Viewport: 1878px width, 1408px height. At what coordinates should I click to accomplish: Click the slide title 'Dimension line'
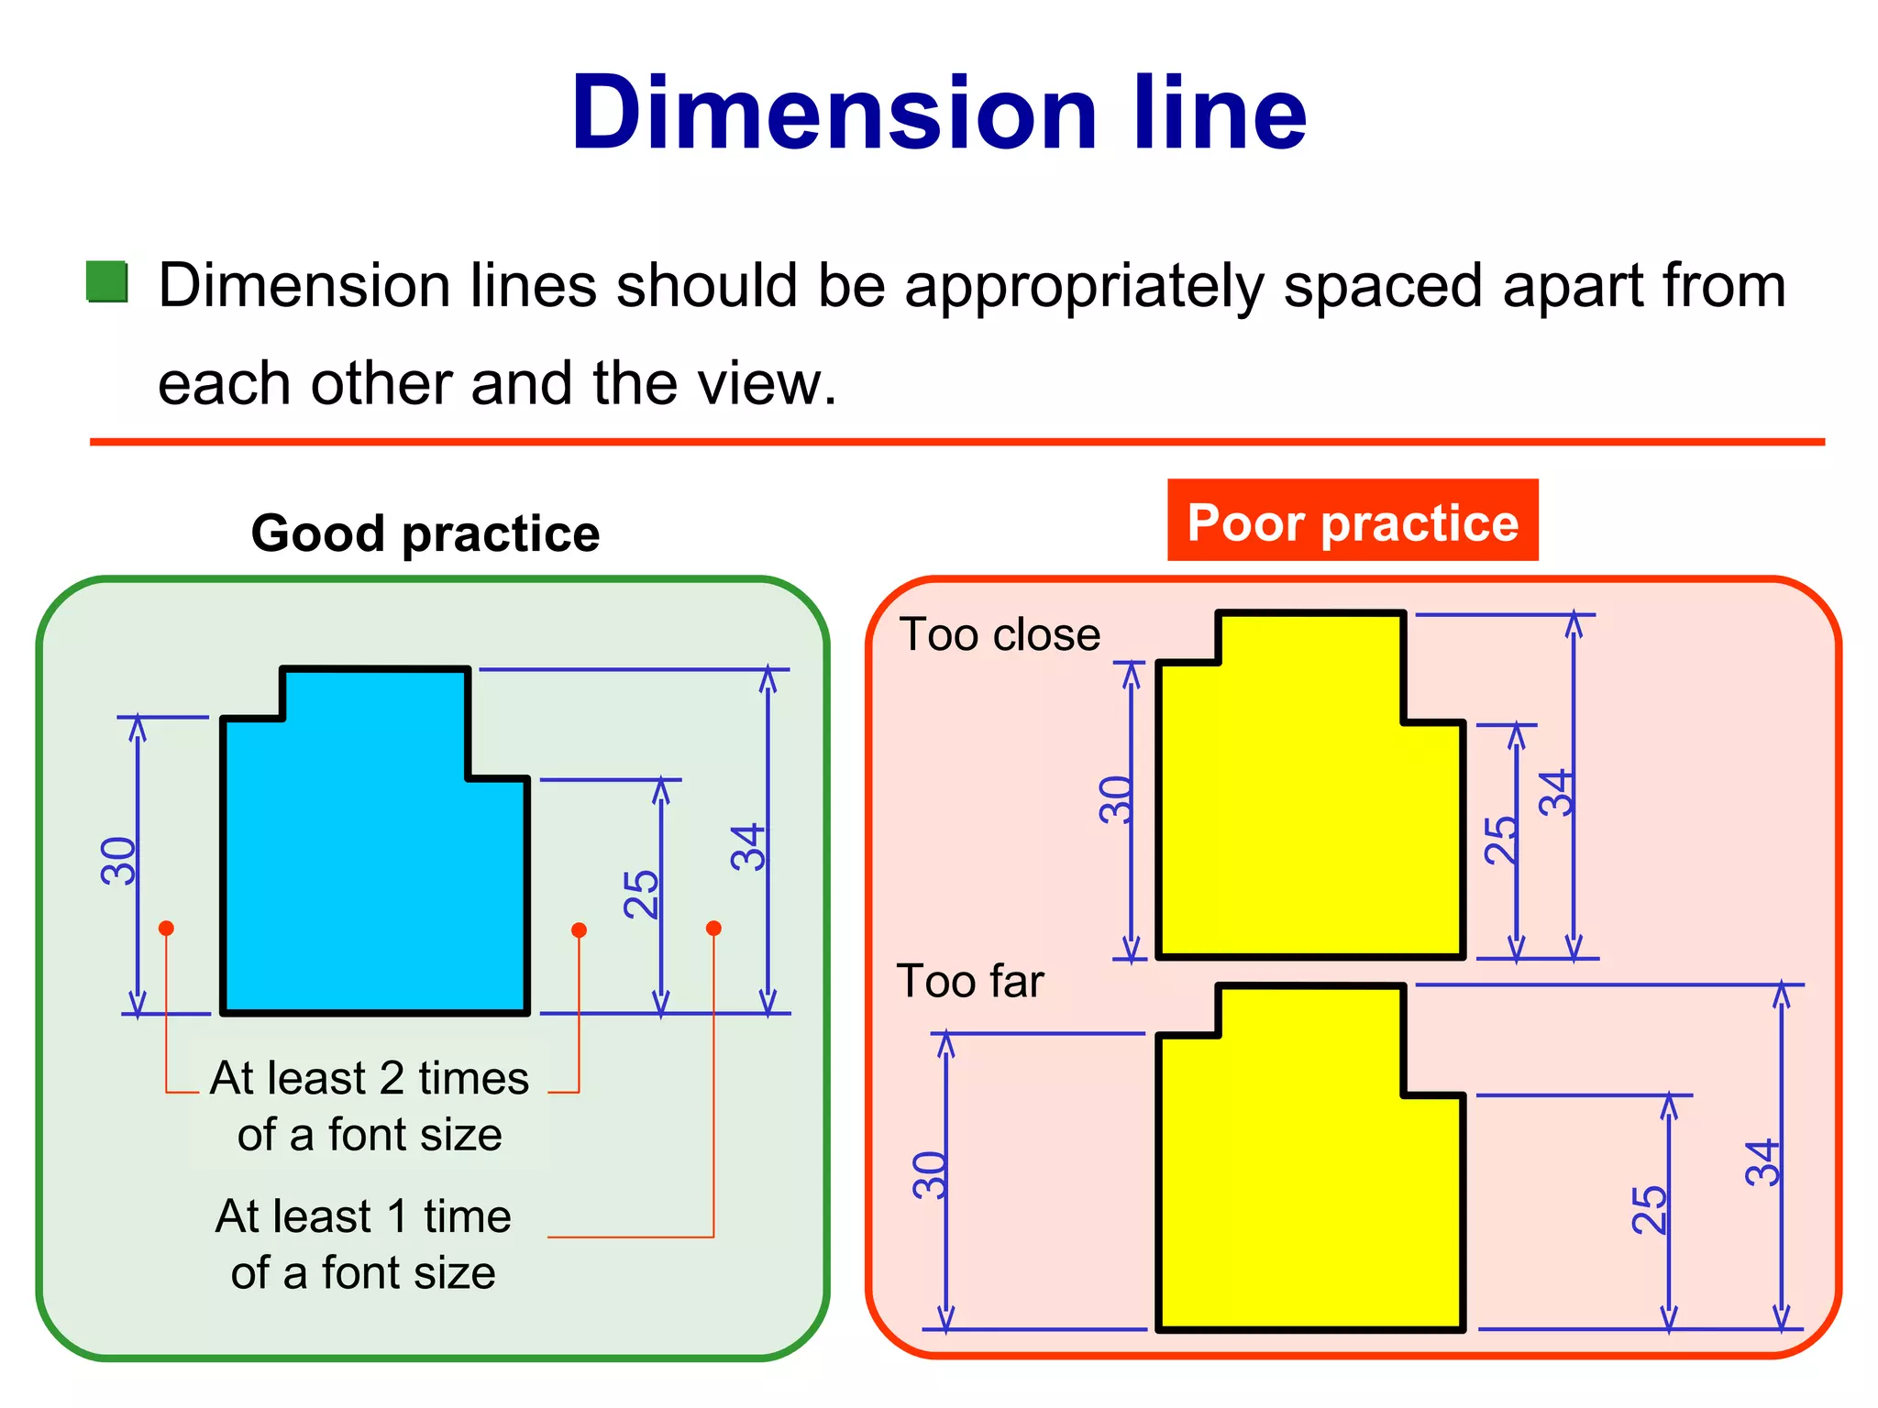(938, 114)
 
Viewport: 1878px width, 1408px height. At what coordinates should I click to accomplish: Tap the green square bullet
(107, 282)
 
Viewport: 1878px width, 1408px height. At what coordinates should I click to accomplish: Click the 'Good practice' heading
(425, 533)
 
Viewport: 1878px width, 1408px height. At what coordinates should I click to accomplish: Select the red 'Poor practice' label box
(1353, 521)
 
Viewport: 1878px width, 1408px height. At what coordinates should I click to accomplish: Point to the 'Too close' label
(1000, 634)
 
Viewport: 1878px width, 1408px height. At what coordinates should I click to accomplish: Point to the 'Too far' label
(970, 981)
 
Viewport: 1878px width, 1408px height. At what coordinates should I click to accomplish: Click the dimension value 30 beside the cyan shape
(119, 860)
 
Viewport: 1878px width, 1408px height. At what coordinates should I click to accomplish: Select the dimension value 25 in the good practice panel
(641, 894)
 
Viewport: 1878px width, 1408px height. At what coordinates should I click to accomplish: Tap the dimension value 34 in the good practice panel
(748, 846)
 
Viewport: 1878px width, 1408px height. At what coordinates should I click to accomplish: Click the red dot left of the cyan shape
(166, 929)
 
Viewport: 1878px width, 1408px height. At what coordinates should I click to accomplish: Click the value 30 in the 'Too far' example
(930, 1175)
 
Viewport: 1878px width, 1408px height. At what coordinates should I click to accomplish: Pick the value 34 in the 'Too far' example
(1762, 1162)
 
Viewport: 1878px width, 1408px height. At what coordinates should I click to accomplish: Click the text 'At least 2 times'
(370, 1078)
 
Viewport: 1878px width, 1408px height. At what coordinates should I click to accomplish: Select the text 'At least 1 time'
(363, 1216)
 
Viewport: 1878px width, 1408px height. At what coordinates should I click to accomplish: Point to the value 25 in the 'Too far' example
(1650, 1209)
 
